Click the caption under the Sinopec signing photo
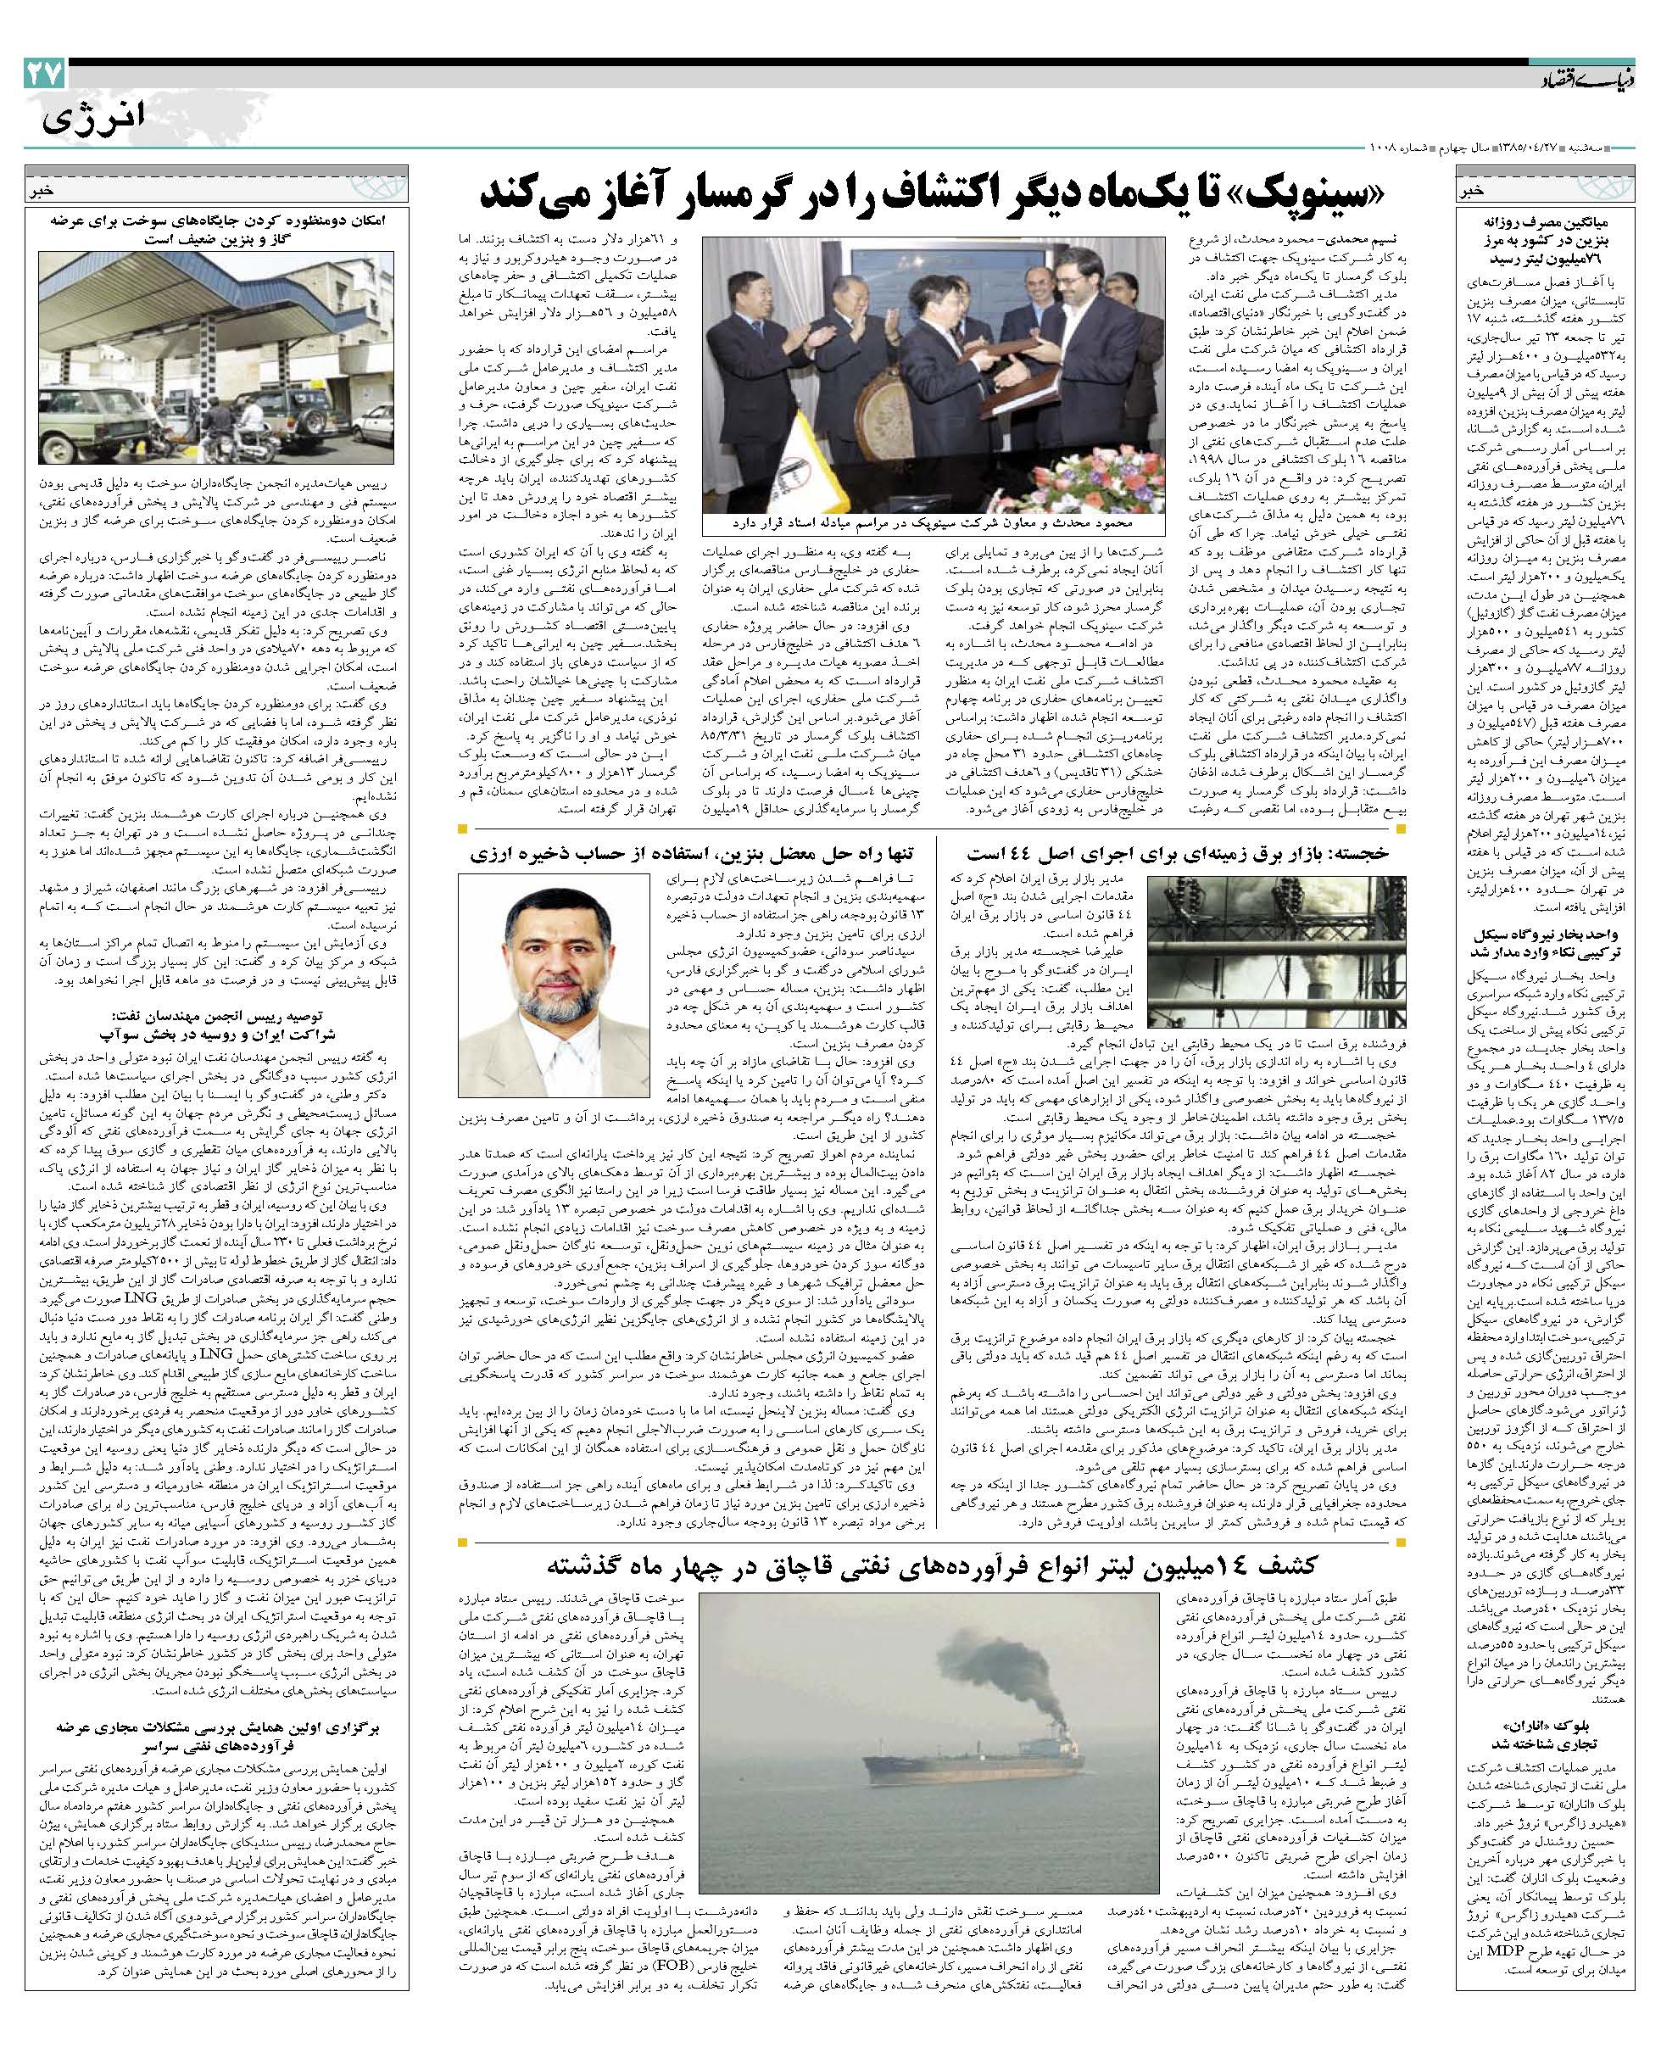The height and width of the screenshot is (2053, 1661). point(933,525)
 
